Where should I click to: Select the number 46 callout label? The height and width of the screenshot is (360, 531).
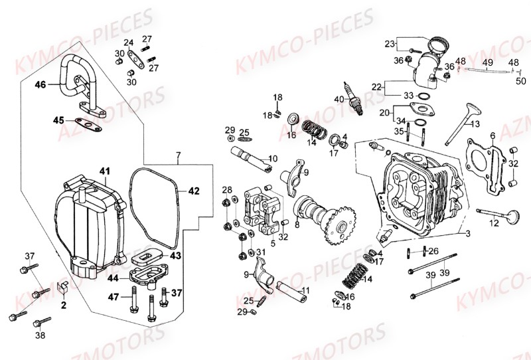click(x=40, y=85)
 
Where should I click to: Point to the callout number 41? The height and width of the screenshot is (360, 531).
click(x=104, y=171)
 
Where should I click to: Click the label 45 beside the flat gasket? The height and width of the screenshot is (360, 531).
click(x=58, y=120)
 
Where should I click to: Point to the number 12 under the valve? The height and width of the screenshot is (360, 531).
click(x=493, y=224)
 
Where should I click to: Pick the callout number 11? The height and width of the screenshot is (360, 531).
click(x=306, y=291)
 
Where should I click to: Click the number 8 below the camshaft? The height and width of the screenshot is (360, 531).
click(x=297, y=225)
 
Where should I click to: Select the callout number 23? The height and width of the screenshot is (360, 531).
click(x=389, y=44)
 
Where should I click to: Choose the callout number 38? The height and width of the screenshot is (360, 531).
click(x=41, y=335)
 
